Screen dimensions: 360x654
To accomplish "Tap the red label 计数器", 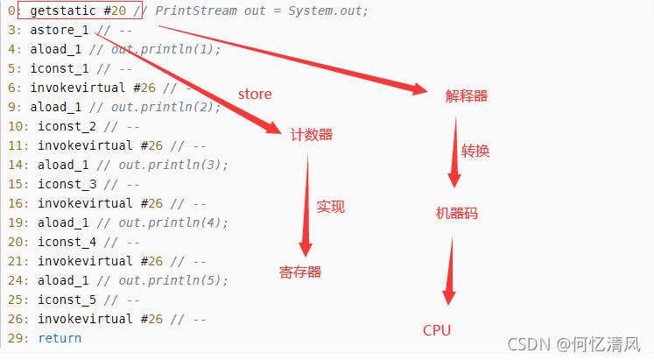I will (312, 135).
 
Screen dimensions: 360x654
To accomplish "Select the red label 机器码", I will (456, 213).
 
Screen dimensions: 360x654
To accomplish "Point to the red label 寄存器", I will (300, 272).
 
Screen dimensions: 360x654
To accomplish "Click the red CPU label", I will (437, 330).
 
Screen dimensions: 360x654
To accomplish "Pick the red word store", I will (255, 94).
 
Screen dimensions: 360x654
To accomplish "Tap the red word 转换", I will (475, 151).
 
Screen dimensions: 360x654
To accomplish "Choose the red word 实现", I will (330, 207).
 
